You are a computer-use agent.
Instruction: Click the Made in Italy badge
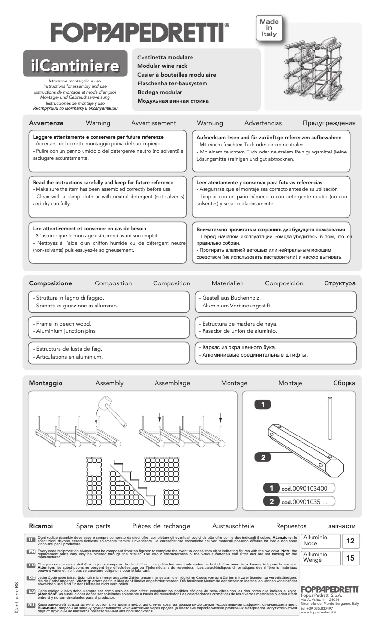(x=268, y=28)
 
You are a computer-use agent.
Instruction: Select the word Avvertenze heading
(x=46, y=123)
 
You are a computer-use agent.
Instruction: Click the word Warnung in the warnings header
(x=210, y=123)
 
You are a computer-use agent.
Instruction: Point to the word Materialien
(x=228, y=283)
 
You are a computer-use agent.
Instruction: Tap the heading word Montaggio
(x=46, y=383)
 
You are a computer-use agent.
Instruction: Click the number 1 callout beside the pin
(x=263, y=405)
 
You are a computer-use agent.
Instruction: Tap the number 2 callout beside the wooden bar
(x=263, y=458)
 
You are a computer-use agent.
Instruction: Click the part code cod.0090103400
(x=304, y=489)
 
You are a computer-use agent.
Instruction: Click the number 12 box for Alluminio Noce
(x=350, y=541)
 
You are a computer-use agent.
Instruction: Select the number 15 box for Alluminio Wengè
(x=350, y=558)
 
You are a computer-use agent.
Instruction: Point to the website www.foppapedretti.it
(x=318, y=612)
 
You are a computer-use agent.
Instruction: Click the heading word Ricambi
(x=41, y=526)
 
